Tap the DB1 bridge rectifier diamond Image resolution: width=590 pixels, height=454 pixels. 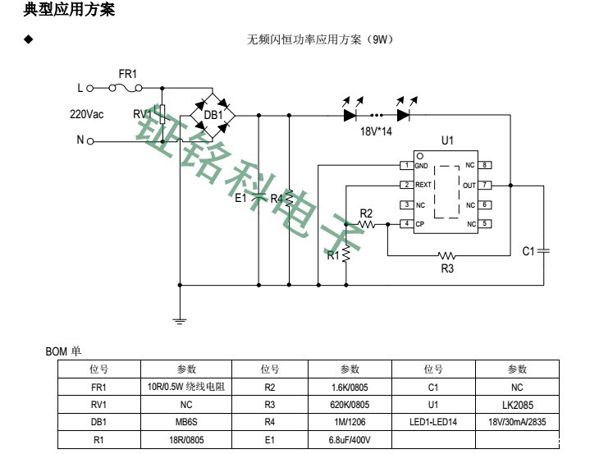tap(213, 115)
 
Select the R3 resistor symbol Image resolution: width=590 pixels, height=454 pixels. tap(447, 255)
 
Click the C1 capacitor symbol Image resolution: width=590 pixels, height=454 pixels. tap(543, 250)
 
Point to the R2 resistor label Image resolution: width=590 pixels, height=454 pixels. tap(366, 213)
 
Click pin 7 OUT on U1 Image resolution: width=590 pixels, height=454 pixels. tap(486, 185)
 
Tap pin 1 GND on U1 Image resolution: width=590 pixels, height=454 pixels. tap(405, 165)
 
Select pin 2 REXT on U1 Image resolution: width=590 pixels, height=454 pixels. tap(405, 185)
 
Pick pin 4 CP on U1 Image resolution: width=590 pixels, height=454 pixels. tap(405, 224)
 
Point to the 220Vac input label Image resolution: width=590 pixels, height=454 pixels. tap(86, 114)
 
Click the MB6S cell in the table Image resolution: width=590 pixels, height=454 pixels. tap(186, 423)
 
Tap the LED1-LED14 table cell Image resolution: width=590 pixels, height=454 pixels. tap(433, 423)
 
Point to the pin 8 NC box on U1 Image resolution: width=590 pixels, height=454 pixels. tap(486, 165)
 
